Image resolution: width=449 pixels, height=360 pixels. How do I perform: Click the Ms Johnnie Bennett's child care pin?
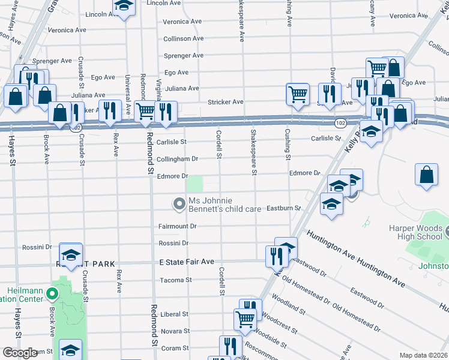[x=178, y=205]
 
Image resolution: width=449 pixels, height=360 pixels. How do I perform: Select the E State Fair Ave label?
[x=187, y=262]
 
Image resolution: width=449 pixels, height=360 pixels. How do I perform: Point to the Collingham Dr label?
[x=177, y=158]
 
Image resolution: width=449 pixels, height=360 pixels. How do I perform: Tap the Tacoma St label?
[x=175, y=280]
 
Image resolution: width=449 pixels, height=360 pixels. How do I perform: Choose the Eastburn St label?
[x=283, y=208]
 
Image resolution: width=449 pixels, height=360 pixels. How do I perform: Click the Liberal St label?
[x=175, y=314]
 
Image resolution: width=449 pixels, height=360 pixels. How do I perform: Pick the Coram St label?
[x=176, y=348]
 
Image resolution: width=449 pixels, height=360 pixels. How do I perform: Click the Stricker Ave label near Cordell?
[x=225, y=102]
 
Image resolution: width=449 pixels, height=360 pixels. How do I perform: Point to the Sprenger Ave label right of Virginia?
[x=184, y=56]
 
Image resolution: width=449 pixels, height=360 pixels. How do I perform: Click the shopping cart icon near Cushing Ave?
[x=297, y=94]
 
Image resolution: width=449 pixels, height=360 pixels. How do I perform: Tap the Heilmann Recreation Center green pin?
[x=52, y=295]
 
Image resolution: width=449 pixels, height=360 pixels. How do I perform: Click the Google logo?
[x=20, y=353]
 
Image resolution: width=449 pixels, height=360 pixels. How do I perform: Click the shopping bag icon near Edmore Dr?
[x=426, y=175]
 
